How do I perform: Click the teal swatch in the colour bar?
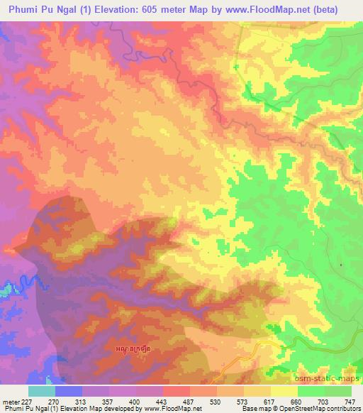coord(42,391)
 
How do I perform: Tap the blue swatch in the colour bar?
coord(69,391)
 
